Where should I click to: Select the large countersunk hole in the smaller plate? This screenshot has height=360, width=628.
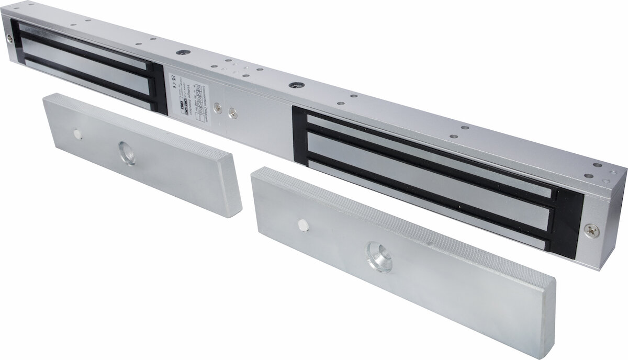click(x=126, y=154)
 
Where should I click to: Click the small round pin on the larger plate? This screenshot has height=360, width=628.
click(x=302, y=224)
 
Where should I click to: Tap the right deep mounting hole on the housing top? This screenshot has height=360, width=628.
click(x=294, y=84)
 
